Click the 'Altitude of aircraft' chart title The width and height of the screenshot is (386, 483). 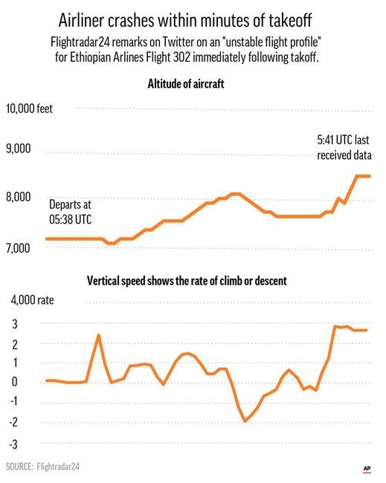(193, 85)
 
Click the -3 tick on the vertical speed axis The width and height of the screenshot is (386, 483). (13, 444)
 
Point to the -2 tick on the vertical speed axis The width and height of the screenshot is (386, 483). (13, 422)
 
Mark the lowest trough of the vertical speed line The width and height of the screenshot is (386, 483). (245, 421)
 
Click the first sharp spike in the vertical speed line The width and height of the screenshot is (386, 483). (98, 335)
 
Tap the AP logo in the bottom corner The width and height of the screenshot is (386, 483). (367, 467)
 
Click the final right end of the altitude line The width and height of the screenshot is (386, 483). (370, 176)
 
